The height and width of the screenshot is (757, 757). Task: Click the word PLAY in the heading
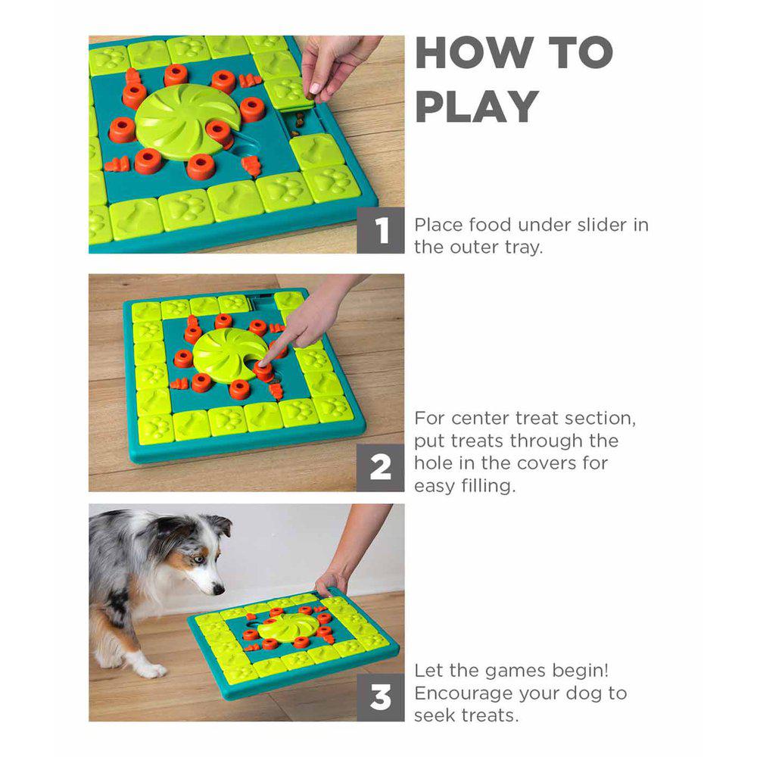[476, 107]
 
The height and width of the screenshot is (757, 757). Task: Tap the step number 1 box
[381, 230]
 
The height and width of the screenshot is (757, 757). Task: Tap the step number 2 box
[381, 468]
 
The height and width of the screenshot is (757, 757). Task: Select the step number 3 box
[381, 698]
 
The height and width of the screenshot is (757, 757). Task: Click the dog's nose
[219, 589]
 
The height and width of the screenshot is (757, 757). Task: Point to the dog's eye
[197, 559]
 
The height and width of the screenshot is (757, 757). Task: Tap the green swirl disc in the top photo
[187, 120]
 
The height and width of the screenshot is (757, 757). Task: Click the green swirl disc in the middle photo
[230, 354]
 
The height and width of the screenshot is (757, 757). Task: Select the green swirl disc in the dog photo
[288, 627]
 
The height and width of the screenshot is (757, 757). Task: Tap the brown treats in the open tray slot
[297, 124]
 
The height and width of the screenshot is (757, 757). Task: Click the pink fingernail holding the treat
[314, 89]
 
